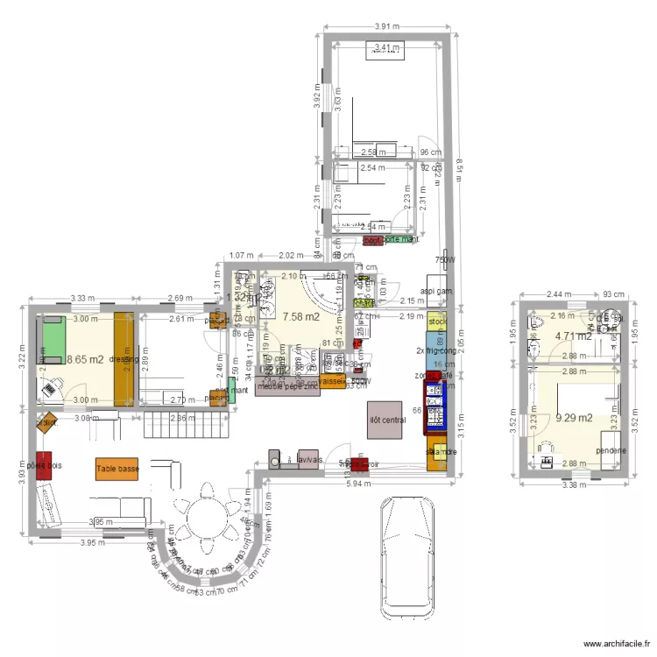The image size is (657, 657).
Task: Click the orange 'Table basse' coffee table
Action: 117,470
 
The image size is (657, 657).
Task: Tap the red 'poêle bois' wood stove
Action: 39,466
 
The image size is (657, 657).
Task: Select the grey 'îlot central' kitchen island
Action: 386,420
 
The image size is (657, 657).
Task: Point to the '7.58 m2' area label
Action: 300,316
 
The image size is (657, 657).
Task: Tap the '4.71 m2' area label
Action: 573,336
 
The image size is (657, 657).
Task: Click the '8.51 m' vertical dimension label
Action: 458,166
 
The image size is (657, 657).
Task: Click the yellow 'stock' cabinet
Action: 436,322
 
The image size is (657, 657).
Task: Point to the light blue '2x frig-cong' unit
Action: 436,352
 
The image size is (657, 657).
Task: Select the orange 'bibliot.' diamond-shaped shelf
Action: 46,422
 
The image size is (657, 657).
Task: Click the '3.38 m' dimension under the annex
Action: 574,484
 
